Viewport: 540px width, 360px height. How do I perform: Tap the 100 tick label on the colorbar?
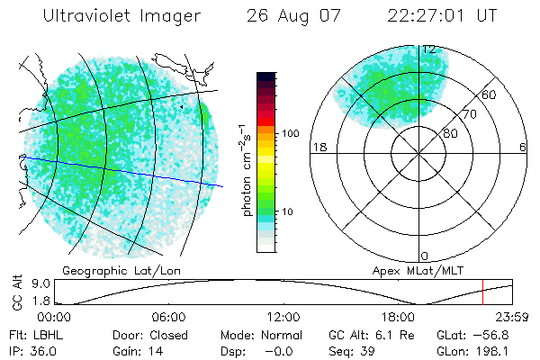click(x=289, y=133)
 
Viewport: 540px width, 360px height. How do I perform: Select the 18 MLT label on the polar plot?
click(x=318, y=147)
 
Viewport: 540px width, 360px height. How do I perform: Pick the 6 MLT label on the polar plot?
click(x=522, y=147)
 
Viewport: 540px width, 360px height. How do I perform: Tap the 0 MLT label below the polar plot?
click(x=424, y=256)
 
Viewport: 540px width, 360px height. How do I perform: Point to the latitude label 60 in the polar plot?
click(x=490, y=94)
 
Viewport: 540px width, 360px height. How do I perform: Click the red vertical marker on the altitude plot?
click(x=483, y=292)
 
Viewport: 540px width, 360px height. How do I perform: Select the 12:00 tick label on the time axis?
click(x=283, y=317)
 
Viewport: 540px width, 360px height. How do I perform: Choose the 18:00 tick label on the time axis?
click(x=397, y=317)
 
